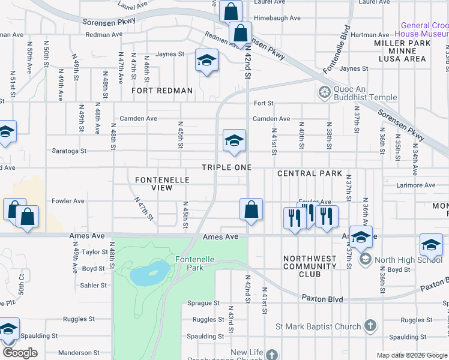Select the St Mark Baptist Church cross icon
click(370, 326)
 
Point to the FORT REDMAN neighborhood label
click(163, 91)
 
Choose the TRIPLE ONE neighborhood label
click(226, 167)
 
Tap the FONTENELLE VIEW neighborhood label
click(162, 184)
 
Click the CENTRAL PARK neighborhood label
click(310, 173)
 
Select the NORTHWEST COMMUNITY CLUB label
click(310, 266)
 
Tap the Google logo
click(19, 353)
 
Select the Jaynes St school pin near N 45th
click(206, 61)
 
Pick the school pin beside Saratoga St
click(234, 140)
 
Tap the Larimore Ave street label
click(416, 185)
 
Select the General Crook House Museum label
click(423, 30)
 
